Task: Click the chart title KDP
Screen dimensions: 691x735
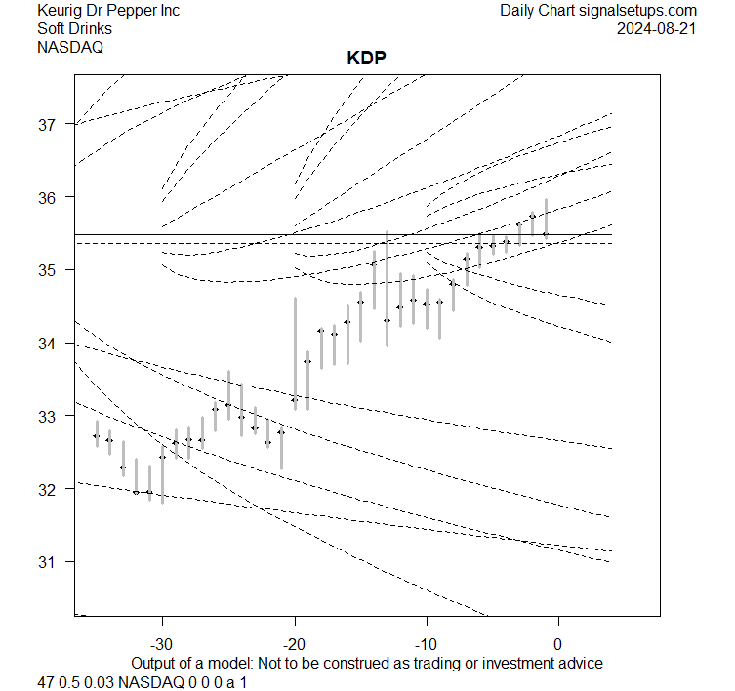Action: click(367, 58)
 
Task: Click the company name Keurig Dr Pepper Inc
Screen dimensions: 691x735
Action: click(108, 11)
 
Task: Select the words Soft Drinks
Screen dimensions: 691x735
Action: click(74, 28)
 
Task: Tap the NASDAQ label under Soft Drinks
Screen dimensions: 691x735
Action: click(70, 46)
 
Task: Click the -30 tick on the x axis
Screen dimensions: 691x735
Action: click(162, 644)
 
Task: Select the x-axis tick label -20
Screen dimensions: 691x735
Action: click(294, 644)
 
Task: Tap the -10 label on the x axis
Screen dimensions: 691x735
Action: click(426, 644)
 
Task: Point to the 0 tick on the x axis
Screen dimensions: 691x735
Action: click(557, 644)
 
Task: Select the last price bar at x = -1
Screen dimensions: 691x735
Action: click(546, 219)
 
